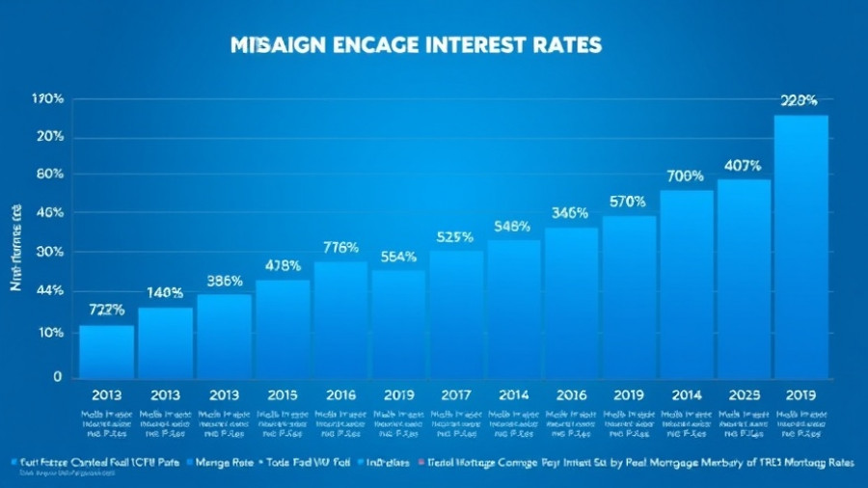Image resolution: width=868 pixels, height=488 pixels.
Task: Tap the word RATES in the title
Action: (569, 45)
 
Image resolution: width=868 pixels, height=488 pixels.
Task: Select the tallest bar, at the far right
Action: (800, 246)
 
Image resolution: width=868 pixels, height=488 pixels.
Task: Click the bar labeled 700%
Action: (686, 284)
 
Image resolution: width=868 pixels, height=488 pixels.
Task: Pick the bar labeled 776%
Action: (340, 319)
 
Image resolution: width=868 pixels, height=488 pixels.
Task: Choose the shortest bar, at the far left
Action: (106, 351)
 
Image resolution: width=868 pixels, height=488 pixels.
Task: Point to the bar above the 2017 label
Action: (456, 313)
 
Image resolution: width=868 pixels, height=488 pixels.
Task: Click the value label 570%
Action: (628, 202)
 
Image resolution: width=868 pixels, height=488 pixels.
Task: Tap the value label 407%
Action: (743, 165)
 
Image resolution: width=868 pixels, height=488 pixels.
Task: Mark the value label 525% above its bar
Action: (455, 236)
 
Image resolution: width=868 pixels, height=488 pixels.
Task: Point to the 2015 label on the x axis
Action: (284, 394)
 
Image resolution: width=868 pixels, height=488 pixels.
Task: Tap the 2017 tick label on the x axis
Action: (455, 394)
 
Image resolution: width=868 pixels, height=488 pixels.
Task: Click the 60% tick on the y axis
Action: (49, 175)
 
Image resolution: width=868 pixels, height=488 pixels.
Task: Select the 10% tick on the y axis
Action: (49, 333)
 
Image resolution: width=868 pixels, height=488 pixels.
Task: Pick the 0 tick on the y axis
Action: (58, 377)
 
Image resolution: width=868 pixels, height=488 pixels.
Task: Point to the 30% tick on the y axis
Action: (49, 253)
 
